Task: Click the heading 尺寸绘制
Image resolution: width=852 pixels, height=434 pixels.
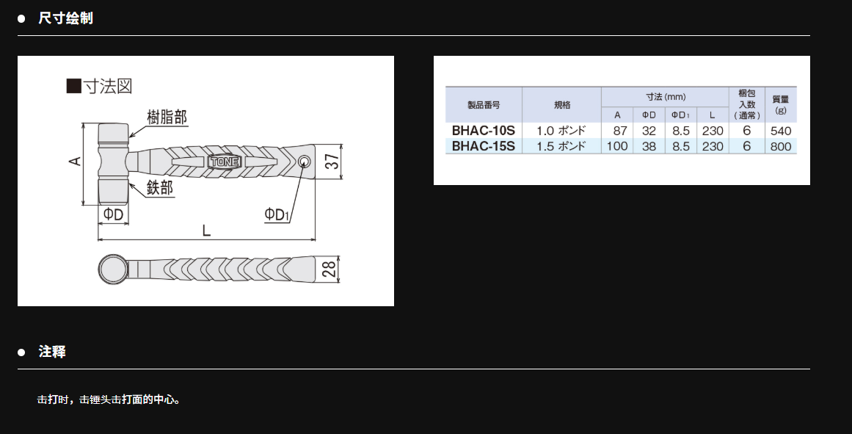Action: pyautogui.click(x=66, y=18)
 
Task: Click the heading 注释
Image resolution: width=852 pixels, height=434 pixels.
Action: pyautogui.click(x=52, y=351)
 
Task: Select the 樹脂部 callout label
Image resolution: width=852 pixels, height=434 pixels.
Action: pyautogui.click(x=167, y=117)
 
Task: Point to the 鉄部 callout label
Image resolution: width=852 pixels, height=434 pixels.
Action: pyautogui.click(x=160, y=188)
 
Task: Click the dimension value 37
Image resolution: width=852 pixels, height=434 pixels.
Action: pyautogui.click(x=332, y=162)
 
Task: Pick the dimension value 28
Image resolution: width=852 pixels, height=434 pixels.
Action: pyautogui.click(x=329, y=270)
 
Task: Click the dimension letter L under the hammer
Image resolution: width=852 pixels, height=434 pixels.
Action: pyautogui.click(x=206, y=231)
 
